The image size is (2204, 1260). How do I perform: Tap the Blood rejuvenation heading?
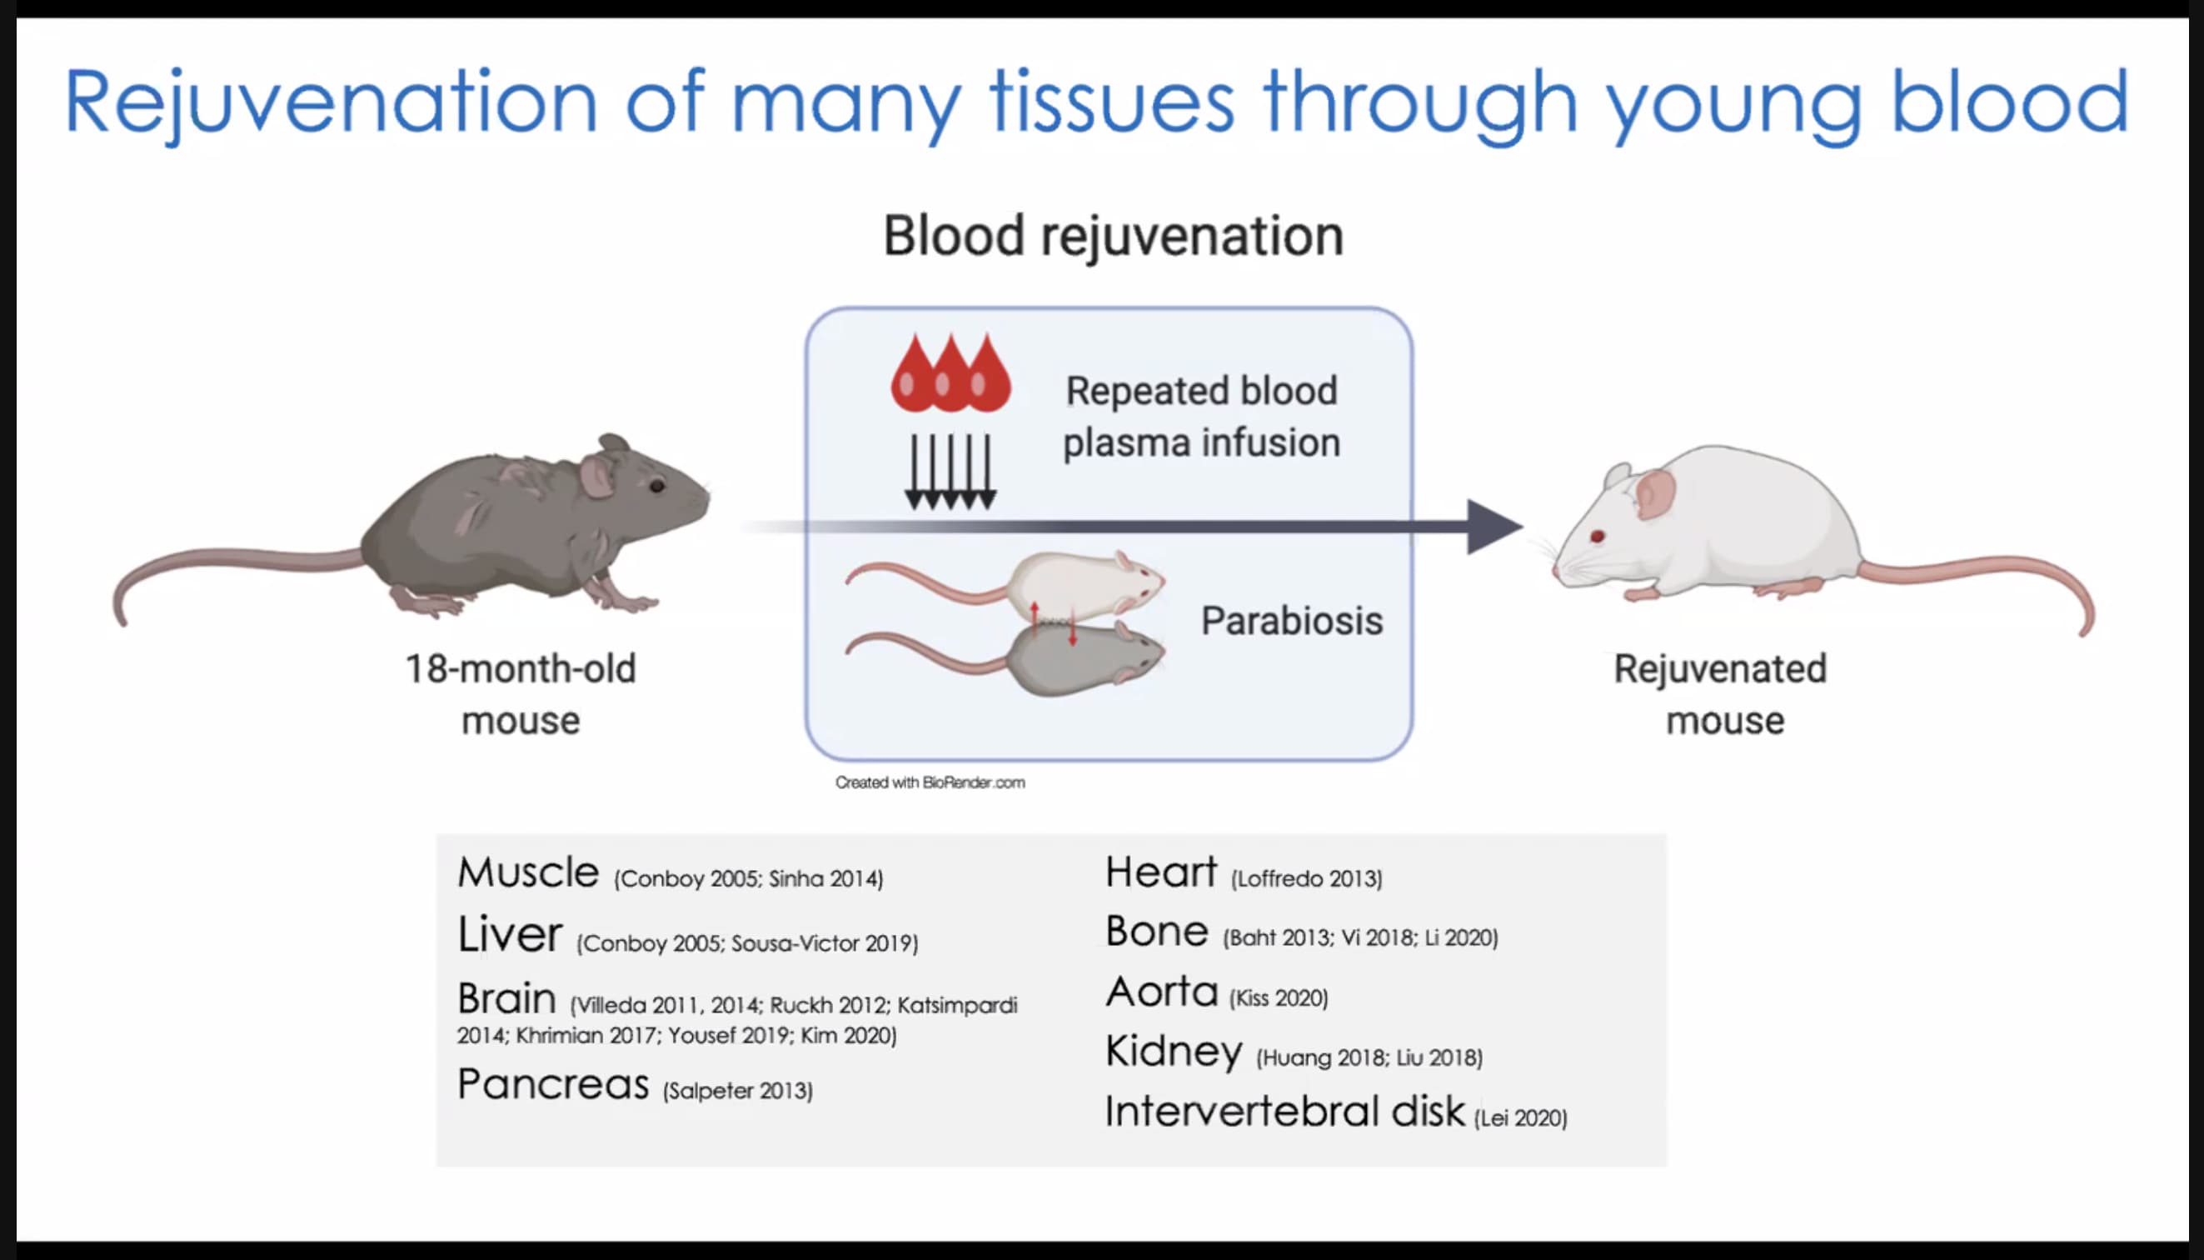click(x=1113, y=235)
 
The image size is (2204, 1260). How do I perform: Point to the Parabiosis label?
click(x=1292, y=621)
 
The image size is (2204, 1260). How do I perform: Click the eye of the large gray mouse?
click(x=657, y=486)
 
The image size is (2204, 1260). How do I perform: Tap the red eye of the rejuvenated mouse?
click(x=1598, y=537)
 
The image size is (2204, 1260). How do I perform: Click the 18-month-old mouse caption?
click(x=521, y=694)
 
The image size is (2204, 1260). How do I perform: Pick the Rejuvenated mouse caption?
click(x=1722, y=694)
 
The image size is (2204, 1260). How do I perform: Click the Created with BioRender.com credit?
click(x=930, y=782)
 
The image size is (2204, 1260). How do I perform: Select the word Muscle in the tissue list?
click(x=527, y=872)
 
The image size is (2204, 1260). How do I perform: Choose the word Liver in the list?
click(x=510, y=935)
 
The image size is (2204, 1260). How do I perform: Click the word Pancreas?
click(x=553, y=1084)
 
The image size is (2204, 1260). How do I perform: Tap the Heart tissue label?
click(x=1161, y=872)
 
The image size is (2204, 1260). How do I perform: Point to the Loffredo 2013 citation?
click(x=1307, y=879)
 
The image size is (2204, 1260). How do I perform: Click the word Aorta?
click(x=1162, y=992)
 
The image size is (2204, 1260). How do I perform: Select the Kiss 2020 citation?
click(x=1279, y=998)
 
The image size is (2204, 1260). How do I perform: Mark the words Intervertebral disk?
click(x=1285, y=1111)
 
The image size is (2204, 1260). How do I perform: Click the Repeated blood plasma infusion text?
click(x=1201, y=417)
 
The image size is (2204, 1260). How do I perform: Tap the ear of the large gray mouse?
click(x=597, y=475)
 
